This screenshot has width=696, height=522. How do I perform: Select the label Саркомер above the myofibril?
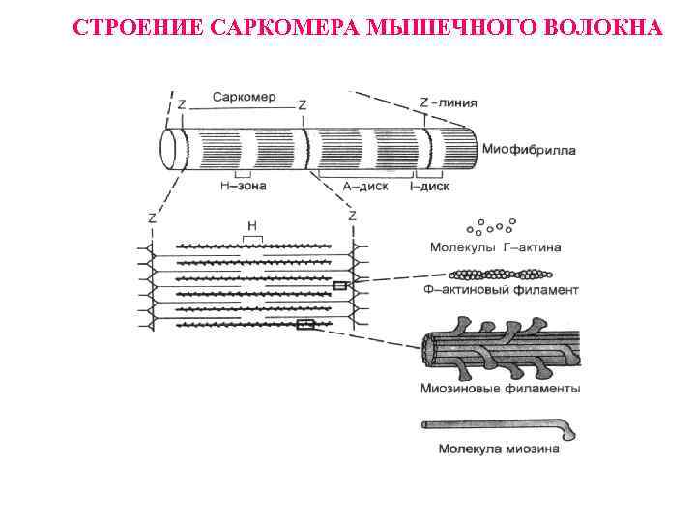point(243,98)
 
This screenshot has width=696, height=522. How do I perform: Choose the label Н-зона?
point(243,186)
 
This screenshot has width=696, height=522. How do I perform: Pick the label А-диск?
point(365,186)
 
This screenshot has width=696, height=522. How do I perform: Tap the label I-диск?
point(427,186)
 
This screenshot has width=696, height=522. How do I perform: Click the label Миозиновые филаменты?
point(500,389)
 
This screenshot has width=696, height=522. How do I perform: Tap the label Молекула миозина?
point(498,449)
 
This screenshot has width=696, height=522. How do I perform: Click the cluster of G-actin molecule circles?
point(492,225)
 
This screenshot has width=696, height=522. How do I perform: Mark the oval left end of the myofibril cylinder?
point(173,151)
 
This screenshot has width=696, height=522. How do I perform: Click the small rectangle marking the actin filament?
point(340,286)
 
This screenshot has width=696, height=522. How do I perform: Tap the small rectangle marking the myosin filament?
point(305,325)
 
